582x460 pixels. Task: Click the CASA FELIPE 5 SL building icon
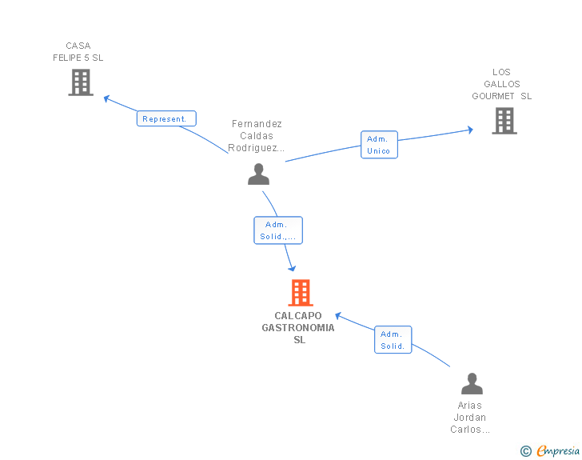pyautogui.click(x=81, y=82)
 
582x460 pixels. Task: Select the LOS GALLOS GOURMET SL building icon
pyautogui.click(x=504, y=121)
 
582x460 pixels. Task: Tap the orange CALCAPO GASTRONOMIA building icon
pyautogui.click(x=300, y=293)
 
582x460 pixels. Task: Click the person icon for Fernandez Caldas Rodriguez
pyautogui.click(x=258, y=174)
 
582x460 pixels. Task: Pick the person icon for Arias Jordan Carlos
pyautogui.click(x=472, y=384)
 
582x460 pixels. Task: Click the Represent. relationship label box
pyautogui.click(x=165, y=118)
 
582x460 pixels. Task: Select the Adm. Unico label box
pyautogui.click(x=379, y=145)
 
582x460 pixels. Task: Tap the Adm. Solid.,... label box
pyautogui.click(x=278, y=230)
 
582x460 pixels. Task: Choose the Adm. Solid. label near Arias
pyautogui.click(x=393, y=340)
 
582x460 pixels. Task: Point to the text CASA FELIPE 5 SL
pyautogui.click(x=78, y=52)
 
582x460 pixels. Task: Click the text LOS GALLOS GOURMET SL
pyautogui.click(x=502, y=84)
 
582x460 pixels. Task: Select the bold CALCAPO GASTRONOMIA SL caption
pyautogui.click(x=299, y=328)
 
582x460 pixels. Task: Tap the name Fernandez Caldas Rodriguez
pyautogui.click(x=257, y=136)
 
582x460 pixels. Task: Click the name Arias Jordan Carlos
pyautogui.click(x=470, y=418)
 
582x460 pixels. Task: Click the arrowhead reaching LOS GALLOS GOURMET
pyautogui.click(x=468, y=129)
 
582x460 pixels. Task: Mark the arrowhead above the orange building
pyautogui.click(x=292, y=267)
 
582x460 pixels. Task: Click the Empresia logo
pyautogui.click(x=558, y=451)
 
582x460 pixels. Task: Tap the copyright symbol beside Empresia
pyautogui.click(x=526, y=452)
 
